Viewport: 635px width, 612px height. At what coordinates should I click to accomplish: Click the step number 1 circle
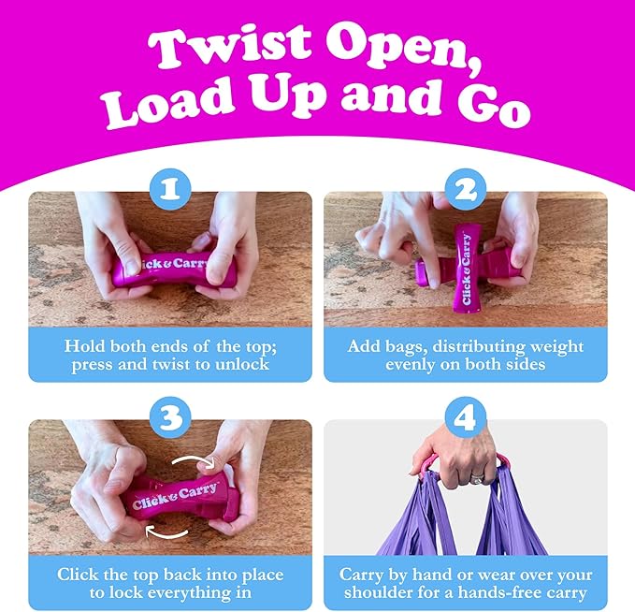coord(170,189)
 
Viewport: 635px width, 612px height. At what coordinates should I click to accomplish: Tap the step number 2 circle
coord(466,189)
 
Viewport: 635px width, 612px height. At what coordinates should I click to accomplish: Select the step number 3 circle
coord(170,417)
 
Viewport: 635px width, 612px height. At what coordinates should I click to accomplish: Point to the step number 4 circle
coord(466,417)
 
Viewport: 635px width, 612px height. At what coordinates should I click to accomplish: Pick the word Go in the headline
coord(494,105)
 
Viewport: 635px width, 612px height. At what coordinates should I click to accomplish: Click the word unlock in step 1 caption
coord(242,364)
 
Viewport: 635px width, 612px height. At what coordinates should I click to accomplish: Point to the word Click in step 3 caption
coord(78,575)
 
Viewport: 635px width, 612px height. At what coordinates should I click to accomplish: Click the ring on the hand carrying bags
coord(478,479)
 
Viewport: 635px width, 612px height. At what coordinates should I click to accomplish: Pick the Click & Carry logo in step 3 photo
coord(176,496)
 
